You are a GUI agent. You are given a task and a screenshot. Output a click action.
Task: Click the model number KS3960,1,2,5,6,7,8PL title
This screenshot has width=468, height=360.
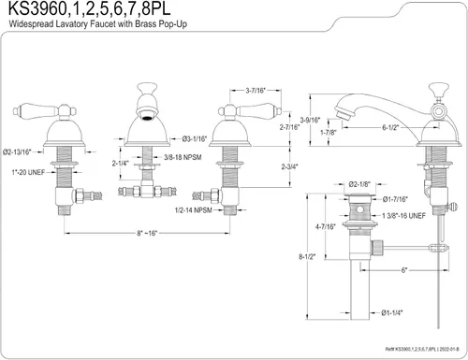pos(90,8)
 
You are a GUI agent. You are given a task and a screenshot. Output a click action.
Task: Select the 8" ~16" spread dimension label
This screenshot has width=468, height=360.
pos(147,233)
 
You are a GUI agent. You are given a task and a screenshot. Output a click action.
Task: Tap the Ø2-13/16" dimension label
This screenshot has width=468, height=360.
pos(17,152)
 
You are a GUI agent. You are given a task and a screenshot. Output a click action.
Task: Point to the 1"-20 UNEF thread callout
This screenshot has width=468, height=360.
pos(28,172)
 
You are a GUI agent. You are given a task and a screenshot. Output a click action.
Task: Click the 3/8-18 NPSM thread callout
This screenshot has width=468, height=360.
pos(183,157)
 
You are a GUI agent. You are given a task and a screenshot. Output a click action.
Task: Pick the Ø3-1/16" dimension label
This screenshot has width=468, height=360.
pos(195,139)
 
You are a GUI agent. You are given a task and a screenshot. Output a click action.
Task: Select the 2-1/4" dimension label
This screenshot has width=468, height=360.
pos(121,163)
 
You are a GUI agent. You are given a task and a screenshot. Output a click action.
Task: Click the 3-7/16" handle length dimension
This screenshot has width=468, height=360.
pos(256,91)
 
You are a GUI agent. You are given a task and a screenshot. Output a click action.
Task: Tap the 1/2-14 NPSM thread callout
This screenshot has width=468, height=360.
pos(194,210)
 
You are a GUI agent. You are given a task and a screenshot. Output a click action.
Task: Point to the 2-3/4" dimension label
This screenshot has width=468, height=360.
pos(289,166)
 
